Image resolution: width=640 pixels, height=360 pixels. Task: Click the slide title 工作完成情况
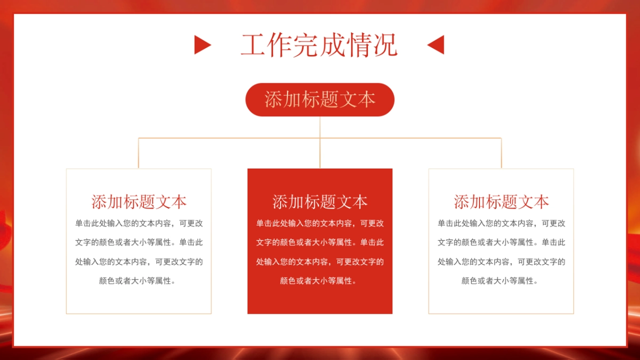tap(319, 45)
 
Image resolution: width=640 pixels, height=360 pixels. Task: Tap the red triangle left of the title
tap(202, 45)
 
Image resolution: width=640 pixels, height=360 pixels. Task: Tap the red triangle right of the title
tap(437, 45)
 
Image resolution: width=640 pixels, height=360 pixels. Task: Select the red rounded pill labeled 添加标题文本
tap(319, 100)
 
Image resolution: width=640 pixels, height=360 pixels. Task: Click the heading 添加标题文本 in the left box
tap(139, 202)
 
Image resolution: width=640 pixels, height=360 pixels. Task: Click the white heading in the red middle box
tap(320, 202)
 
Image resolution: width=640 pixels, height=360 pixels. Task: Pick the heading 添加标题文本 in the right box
tap(501, 202)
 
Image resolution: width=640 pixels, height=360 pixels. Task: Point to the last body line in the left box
tap(139, 281)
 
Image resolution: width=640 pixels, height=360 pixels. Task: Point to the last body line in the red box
tap(320, 281)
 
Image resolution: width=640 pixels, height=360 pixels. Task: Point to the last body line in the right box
tap(501, 281)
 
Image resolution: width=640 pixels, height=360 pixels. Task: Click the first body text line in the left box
tap(139, 223)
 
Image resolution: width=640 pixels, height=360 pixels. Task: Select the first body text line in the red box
tap(320, 223)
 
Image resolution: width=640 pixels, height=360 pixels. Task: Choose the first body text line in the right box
tap(501, 223)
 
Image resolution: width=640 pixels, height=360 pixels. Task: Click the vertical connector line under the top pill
tap(320, 128)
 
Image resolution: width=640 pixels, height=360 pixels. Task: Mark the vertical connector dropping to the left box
tap(139, 154)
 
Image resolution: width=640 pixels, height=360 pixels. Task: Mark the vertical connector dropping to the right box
tap(501, 154)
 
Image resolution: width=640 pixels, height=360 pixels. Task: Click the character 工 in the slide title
tap(253, 45)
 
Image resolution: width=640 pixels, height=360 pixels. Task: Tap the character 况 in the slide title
tap(385, 45)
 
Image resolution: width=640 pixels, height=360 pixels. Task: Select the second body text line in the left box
tap(139, 242)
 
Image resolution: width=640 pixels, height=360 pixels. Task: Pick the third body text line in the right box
tap(501, 262)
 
